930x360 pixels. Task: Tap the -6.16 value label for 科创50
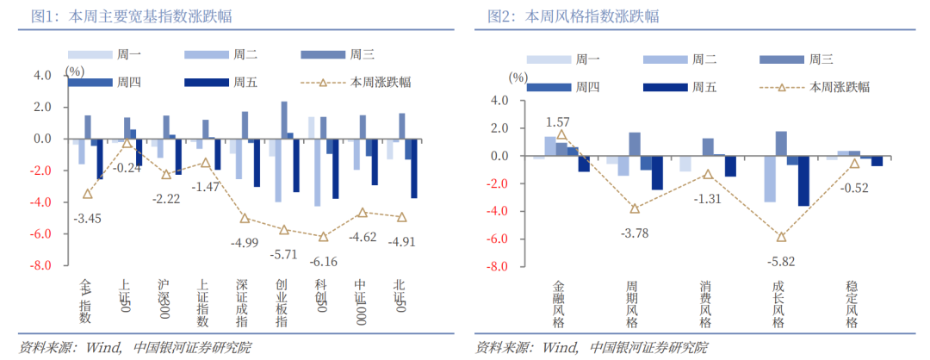click(323, 262)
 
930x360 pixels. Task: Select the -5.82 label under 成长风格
click(782, 261)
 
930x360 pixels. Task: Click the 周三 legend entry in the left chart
click(363, 55)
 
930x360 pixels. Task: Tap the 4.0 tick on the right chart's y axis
click(499, 101)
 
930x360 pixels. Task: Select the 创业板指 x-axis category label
click(282, 302)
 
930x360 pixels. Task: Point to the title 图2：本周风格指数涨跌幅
click(579, 16)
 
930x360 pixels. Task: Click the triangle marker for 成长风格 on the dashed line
click(781, 237)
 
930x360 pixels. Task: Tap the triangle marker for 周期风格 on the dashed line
click(635, 208)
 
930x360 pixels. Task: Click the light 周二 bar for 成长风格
click(770, 179)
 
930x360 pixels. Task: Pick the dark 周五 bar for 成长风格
click(803, 181)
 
